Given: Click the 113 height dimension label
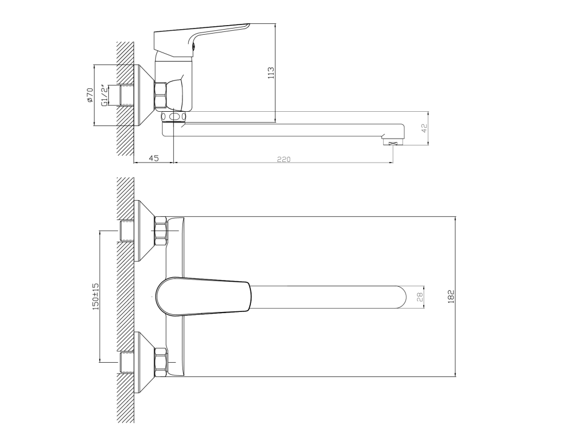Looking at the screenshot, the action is pyautogui.click(x=271, y=72).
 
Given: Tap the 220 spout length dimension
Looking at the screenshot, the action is pyautogui.click(x=284, y=160).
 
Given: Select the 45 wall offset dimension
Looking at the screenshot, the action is pyautogui.click(x=153, y=158).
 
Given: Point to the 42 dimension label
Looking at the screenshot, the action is pyautogui.click(x=424, y=128).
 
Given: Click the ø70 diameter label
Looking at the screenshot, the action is pyautogui.click(x=90, y=95).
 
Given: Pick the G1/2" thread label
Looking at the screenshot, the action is pyautogui.click(x=105, y=96).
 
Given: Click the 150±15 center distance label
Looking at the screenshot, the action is pyautogui.click(x=96, y=297).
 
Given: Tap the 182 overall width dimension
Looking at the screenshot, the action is pyautogui.click(x=451, y=297).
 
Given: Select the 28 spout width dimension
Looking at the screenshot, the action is pyautogui.click(x=420, y=297).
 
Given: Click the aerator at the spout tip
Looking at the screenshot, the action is pyautogui.click(x=393, y=141).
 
